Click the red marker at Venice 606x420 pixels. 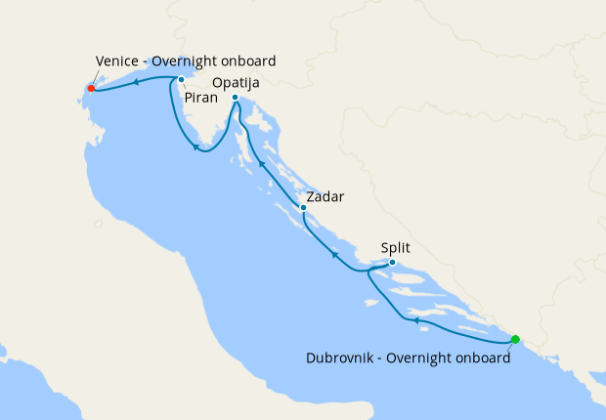[91, 88]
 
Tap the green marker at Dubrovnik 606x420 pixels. [515, 340]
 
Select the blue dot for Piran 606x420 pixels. [181, 79]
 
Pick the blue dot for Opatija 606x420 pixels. [237, 97]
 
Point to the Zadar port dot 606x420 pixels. [304, 207]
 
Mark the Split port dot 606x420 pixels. [392, 262]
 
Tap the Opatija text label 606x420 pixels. [236, 81]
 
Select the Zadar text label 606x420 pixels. [327, 196]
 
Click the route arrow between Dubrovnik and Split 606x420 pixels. [415, 320]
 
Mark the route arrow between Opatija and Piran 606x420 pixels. [196, 147]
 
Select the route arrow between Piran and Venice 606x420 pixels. [135, 81]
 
